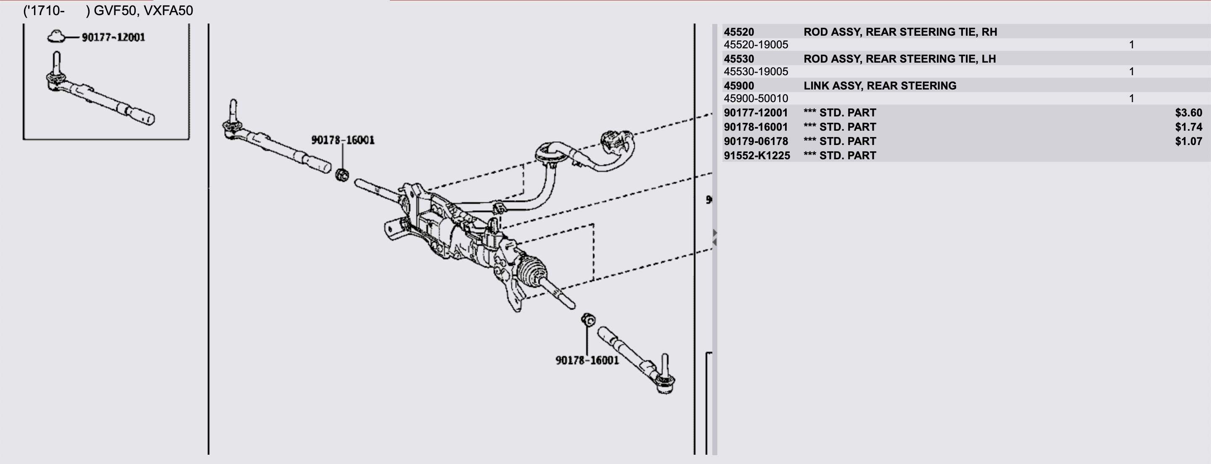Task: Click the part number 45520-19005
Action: [x=756, y=45]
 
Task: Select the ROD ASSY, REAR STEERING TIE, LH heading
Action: [x=899, y=59]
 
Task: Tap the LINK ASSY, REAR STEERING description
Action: [x=880, y=86]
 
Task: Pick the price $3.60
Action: [x=1188, y=113]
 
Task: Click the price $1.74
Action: [x=1188, y=127]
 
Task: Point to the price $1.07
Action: [x=1188, y=141]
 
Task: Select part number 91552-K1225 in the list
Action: [x=756, y=156]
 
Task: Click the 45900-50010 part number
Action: [x=756, y=98]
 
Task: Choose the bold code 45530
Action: [x=738, y=59]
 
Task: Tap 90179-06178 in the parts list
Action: [x=756, y=141]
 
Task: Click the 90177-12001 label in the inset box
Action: [x=113, y=37]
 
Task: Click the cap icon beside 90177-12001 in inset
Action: [x=56, y=36]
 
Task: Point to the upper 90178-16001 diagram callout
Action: [x=343, y=140]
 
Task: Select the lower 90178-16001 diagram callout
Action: [x=587, y=360]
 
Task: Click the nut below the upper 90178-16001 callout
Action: [x=342, y=175]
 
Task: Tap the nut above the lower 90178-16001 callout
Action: [x=588, y=320]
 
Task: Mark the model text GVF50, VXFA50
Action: [x=143, y=11]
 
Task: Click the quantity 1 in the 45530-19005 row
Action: [x=1131, y=71]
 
